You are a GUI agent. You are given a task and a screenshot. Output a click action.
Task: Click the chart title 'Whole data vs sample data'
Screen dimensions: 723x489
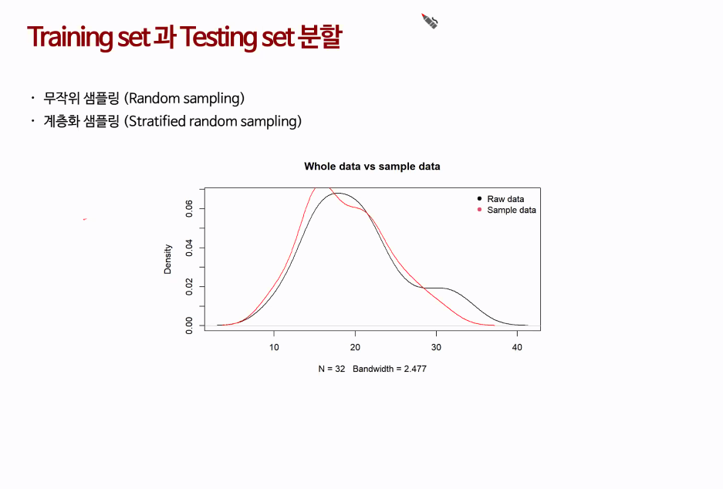point(372,167)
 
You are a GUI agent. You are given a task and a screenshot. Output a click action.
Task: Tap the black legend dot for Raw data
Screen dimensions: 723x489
point(479,199)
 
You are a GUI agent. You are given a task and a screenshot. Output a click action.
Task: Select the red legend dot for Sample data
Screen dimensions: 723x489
point(479,210)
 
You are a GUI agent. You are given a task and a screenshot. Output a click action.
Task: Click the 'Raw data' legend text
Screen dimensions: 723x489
point(506,199)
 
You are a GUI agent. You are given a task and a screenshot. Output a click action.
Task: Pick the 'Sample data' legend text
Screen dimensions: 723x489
point(512,210)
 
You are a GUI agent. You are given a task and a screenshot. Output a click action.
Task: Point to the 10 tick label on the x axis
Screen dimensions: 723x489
point(274,347)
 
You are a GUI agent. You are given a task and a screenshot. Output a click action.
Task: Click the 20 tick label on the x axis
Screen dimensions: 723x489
point(355,347)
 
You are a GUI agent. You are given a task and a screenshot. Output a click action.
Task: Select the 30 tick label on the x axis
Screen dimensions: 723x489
point(436,347)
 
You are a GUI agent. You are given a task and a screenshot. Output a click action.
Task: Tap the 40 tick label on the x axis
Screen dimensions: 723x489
point(517,347)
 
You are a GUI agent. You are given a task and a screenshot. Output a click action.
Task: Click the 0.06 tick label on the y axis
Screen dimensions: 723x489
point(189,208)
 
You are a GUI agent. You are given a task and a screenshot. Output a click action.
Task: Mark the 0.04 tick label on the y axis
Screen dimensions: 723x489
point(189,248)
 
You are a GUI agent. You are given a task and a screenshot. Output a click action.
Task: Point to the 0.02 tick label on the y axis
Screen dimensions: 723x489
point(189,287)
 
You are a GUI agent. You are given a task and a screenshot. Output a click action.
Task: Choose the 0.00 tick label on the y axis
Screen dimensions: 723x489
point(189,325)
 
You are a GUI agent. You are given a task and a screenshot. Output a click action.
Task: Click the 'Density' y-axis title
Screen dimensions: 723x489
point(167,259)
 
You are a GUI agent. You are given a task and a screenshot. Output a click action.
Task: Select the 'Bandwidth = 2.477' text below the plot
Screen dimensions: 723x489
point(390,369)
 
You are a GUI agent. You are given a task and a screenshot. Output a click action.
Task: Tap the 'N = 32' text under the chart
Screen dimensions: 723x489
point(332,369)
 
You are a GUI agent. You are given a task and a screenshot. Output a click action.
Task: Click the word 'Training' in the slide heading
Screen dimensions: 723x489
point(69,37)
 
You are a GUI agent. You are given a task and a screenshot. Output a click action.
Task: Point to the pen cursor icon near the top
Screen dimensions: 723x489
point(429,21)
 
